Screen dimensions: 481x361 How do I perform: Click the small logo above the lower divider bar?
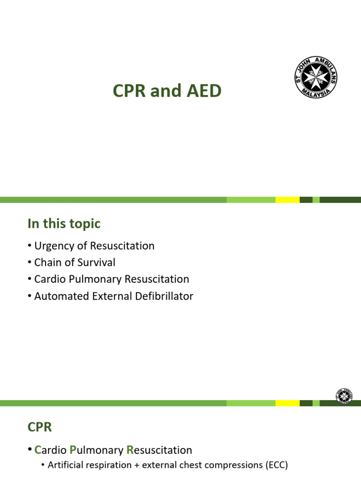[x=345, y=396]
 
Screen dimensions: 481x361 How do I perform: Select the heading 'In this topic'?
[x=64, y=224]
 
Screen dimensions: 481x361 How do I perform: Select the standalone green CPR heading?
[x=39, y=427]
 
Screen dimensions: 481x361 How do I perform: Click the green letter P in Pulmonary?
[x=73, y=450]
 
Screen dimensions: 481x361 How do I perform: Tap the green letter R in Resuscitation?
[x=131, y=450]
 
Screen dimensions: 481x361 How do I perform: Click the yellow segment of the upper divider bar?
[x=287, y=200]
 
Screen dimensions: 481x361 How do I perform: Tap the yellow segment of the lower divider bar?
[x=287, y=403]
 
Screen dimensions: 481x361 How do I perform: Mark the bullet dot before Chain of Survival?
[x=29, y=263]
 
